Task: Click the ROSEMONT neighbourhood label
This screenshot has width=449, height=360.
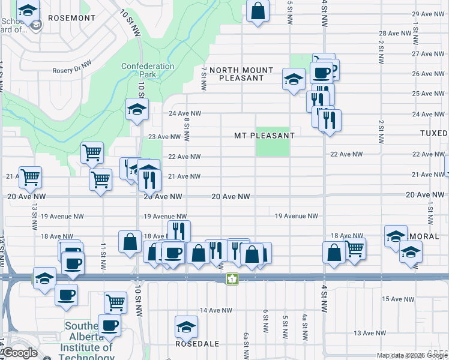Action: tap(71, 18)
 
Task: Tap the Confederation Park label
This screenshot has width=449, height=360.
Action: tap(148, 70)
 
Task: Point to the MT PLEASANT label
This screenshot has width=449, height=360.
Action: tap(264, 136)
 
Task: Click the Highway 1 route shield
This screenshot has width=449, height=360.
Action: tap(232, 279)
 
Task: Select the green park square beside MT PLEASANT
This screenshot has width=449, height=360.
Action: tap(273, 142)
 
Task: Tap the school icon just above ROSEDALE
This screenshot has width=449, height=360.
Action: tap(186, 327)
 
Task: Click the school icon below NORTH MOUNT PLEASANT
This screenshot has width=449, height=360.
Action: tap(294, 79)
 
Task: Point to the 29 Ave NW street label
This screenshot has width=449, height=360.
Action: tap(427, 14)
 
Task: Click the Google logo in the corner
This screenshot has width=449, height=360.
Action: tap(20, 353)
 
